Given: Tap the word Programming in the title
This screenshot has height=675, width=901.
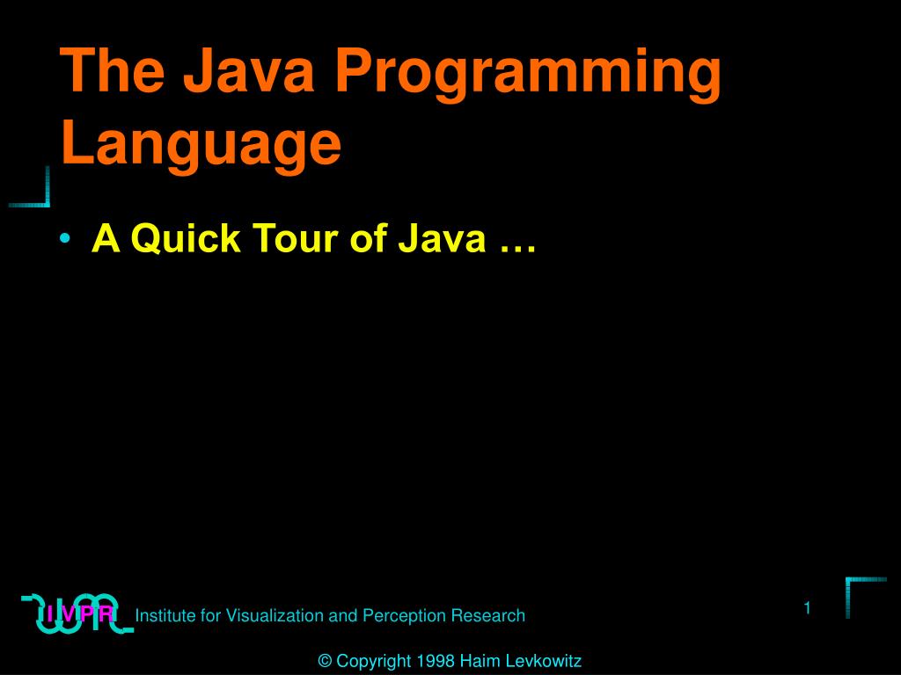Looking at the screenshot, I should coord(527,76).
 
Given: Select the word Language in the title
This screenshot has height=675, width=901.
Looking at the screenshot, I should coord(201,145).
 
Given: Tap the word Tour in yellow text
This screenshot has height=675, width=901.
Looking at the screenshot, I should coord(292,238).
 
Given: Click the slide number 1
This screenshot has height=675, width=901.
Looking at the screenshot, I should coord(806,608).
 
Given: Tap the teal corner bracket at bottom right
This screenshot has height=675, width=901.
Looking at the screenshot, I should coord(863,594).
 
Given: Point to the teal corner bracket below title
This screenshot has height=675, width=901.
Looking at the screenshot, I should coord(33,190).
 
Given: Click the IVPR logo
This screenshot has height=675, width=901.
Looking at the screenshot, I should coord(77,613).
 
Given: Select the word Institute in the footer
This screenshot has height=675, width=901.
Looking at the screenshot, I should coord(166,615).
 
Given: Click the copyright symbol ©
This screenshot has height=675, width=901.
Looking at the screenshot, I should coord(325,661).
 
